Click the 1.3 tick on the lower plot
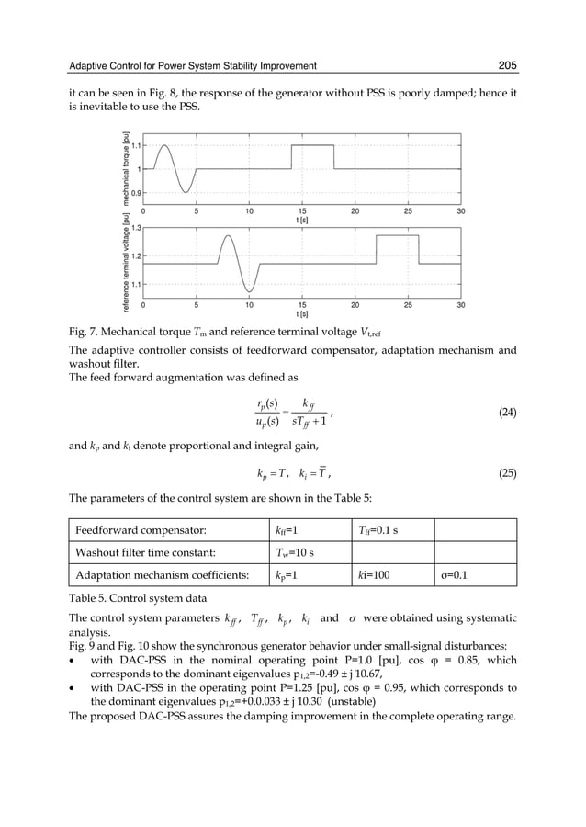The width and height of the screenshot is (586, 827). coord(136,226)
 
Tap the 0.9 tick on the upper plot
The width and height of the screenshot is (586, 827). coord(136,193)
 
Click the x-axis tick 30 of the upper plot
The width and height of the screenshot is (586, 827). coord(461,210)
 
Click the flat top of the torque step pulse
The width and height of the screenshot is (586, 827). coord(312,145)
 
